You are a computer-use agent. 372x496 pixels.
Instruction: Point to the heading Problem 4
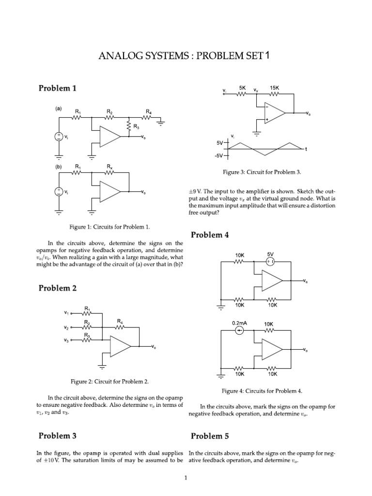pos(210,235)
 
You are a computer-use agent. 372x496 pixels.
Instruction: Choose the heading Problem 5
pos(210,436)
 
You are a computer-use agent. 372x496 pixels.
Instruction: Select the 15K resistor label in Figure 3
pos(275,88)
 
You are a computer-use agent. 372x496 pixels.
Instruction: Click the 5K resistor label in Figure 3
pos(242,88)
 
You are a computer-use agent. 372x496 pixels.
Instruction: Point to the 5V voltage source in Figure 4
pos(270,262)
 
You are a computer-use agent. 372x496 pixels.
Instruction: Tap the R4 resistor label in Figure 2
pos(119,321)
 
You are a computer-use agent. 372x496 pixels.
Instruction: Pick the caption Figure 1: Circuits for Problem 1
pos(110,226)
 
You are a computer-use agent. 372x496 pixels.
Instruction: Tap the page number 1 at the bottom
pos(186,479)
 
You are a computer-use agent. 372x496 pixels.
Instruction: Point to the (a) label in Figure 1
pos(58,109)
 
